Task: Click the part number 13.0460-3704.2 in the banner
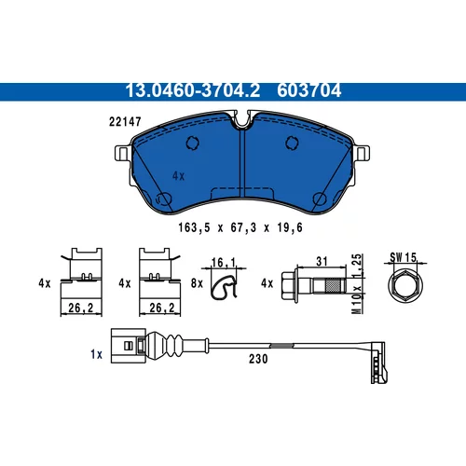(x=193, y=90)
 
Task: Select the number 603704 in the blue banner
(x=309, y=90)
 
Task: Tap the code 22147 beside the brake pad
(x=125, y=121)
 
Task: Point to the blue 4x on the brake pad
(x=178, y=176)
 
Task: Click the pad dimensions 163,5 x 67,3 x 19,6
(x=240, y=227)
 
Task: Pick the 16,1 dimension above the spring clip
(x=224, y=263)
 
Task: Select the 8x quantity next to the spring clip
(x=197, y=283)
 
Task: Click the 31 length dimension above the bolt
(x=322, y=262)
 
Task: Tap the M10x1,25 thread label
(x=358, y=283)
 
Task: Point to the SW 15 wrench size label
(x=404, y=257)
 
